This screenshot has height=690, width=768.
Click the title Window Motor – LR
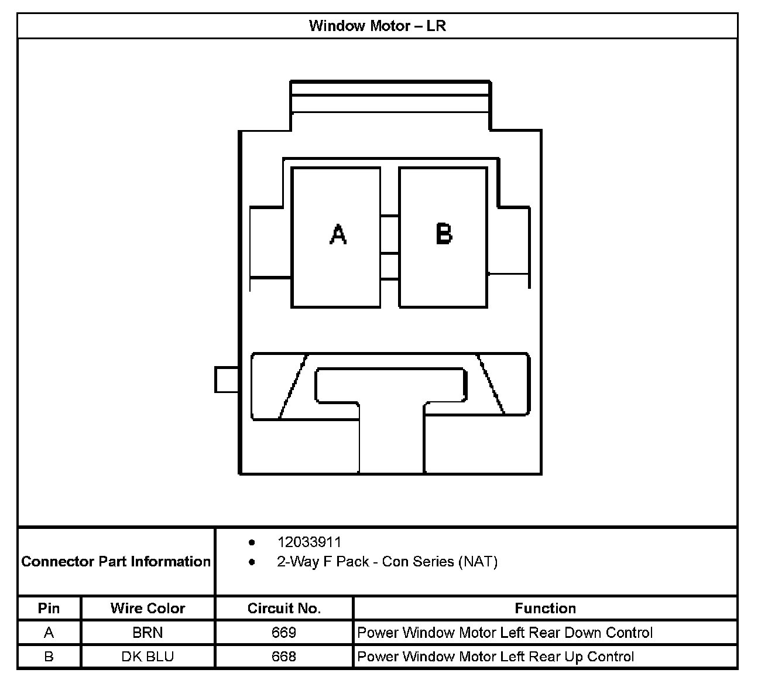pyautogui.click(x=378, y=26)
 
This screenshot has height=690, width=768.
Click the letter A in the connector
pyautogui.click(x=338, y=234)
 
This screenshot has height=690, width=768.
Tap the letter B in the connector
pyautogui.click(x=444, y=234)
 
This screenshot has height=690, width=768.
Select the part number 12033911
pyautogui.click(x=309, y=542)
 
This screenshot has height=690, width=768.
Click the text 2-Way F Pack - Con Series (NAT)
pyautogui.click(x=387, y=562)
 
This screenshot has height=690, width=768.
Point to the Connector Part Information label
pyautogui.click(x=116, y=562)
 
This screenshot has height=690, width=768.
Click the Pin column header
pyautogui.click(x=49, y=609)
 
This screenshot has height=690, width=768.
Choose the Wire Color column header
pyautogui.click(x=148, y=609)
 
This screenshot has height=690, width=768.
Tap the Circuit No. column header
pyautogui.click(x=284, y=609)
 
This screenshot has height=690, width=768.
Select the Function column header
pyautogui.click(x=545, y=609)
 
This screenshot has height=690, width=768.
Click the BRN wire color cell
pyautogui.click(x=148, y=633)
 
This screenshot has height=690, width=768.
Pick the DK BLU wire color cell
pyautogui.click(x=148, y=657)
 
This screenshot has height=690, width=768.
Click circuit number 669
pyautogui.click(x=284, y=633)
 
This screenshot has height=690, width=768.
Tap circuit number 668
pyautogui.click(x=284, y=657)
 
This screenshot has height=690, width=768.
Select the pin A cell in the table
pyautogui.click(x=49, y=633)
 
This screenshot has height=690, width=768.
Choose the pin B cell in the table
pyautogui.click(x=49, y=657)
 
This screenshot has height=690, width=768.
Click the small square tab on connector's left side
pyautogui.click(x=227, y=380)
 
